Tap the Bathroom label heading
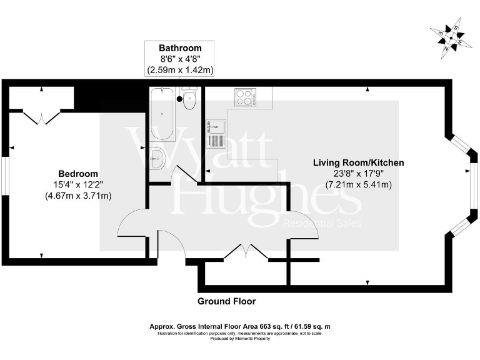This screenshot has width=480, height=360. coord(180,48)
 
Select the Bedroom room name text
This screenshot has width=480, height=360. coord(78,173)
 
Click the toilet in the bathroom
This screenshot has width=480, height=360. coord(190,99)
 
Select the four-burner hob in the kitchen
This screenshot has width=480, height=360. coord(246,98)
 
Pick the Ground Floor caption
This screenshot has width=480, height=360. coord(226,301)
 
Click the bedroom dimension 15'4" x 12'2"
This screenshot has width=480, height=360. coord(78,184)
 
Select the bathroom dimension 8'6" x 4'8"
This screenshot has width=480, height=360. coord(180,59)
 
